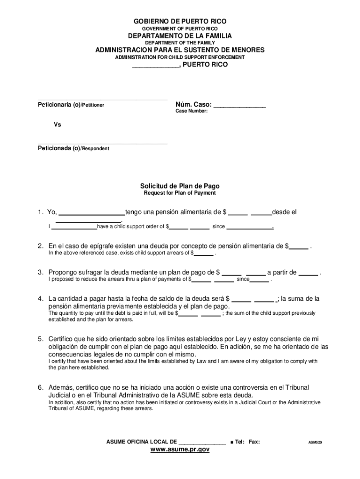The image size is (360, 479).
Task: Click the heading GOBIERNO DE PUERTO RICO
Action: point(180,22)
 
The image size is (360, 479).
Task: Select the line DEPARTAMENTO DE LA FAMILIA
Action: point(180,36)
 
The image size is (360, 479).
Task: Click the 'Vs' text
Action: point(57,125)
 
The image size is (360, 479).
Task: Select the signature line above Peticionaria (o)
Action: point(102,100)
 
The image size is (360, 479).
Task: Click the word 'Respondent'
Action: point(96,149)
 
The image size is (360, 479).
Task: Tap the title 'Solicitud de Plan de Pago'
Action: point(180,186)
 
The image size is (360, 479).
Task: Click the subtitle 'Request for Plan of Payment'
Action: point(180,193)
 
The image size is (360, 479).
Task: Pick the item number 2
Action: point(41,246)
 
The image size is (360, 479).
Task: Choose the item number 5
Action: point(41,339)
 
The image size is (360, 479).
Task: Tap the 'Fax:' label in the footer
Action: point(254,442)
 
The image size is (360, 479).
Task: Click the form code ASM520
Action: point(315,442)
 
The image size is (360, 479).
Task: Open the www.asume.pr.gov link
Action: point(180,450)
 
